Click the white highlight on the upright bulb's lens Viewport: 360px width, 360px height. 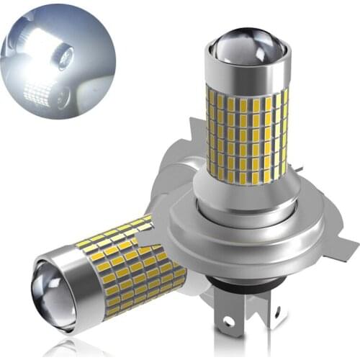point(238,36)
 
